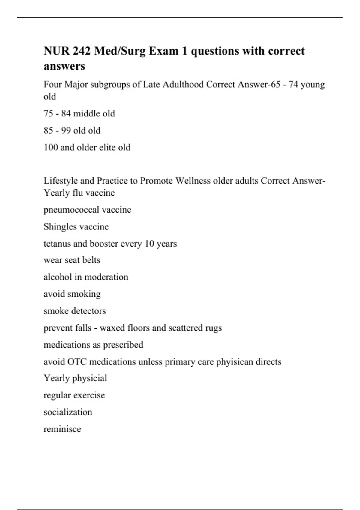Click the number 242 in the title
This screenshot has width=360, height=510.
tap(82, 51)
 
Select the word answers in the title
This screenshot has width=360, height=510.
tap(64, 66)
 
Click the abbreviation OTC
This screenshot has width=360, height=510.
tap(77, 362)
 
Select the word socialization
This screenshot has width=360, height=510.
tap(68, 412)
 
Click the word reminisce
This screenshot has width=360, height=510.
tap(62, 429)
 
